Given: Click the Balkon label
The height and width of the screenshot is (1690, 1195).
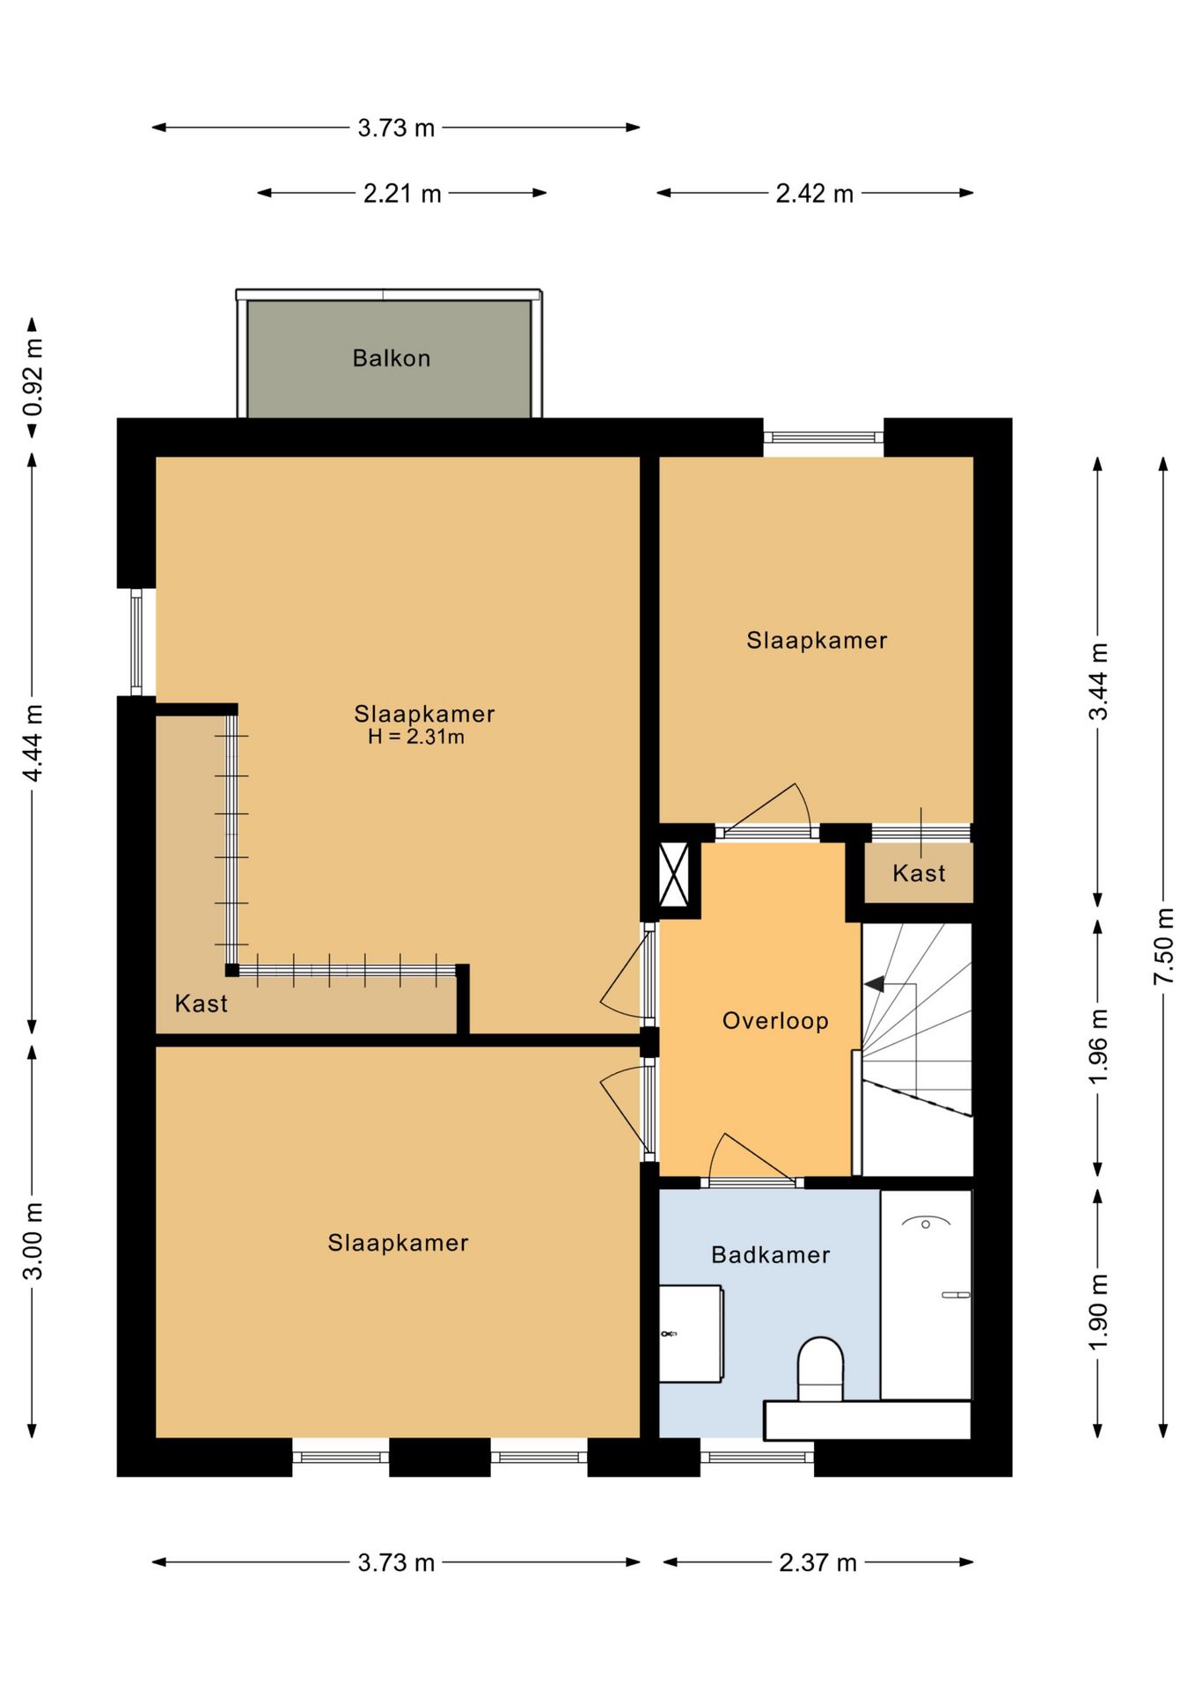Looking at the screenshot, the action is point(392,358).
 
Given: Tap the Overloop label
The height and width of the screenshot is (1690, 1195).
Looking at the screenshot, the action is point(775,1021).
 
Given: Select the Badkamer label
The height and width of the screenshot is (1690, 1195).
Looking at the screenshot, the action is point(771,1255).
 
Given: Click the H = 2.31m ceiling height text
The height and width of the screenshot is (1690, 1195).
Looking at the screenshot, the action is point(416,737).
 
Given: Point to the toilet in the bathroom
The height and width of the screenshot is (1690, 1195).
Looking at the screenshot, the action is point(820,1369).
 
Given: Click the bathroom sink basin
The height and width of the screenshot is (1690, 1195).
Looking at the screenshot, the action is point(692,1334).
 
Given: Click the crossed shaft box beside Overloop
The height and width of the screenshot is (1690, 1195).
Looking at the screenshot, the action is point(674,874).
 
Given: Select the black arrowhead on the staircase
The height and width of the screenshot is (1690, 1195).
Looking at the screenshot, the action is point(875,984).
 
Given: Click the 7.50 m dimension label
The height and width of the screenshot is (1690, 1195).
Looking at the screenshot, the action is point(1163,946).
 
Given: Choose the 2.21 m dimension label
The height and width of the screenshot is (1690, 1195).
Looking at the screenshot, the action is point(402,194).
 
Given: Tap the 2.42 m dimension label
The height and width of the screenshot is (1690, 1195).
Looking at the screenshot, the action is point(815,194).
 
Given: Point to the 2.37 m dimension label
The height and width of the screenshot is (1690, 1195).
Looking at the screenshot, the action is point(817,1562).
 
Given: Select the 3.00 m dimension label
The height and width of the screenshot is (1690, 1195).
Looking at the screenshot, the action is point(33,1241).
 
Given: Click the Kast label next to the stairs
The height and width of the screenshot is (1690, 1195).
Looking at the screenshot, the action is point(919,873).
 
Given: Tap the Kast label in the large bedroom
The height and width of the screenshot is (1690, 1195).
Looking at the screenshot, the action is point(202,1003).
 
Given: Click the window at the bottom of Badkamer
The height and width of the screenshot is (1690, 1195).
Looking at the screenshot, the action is point(757,1458).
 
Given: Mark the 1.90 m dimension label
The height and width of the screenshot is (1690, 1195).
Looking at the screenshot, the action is point(1098,1312).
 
